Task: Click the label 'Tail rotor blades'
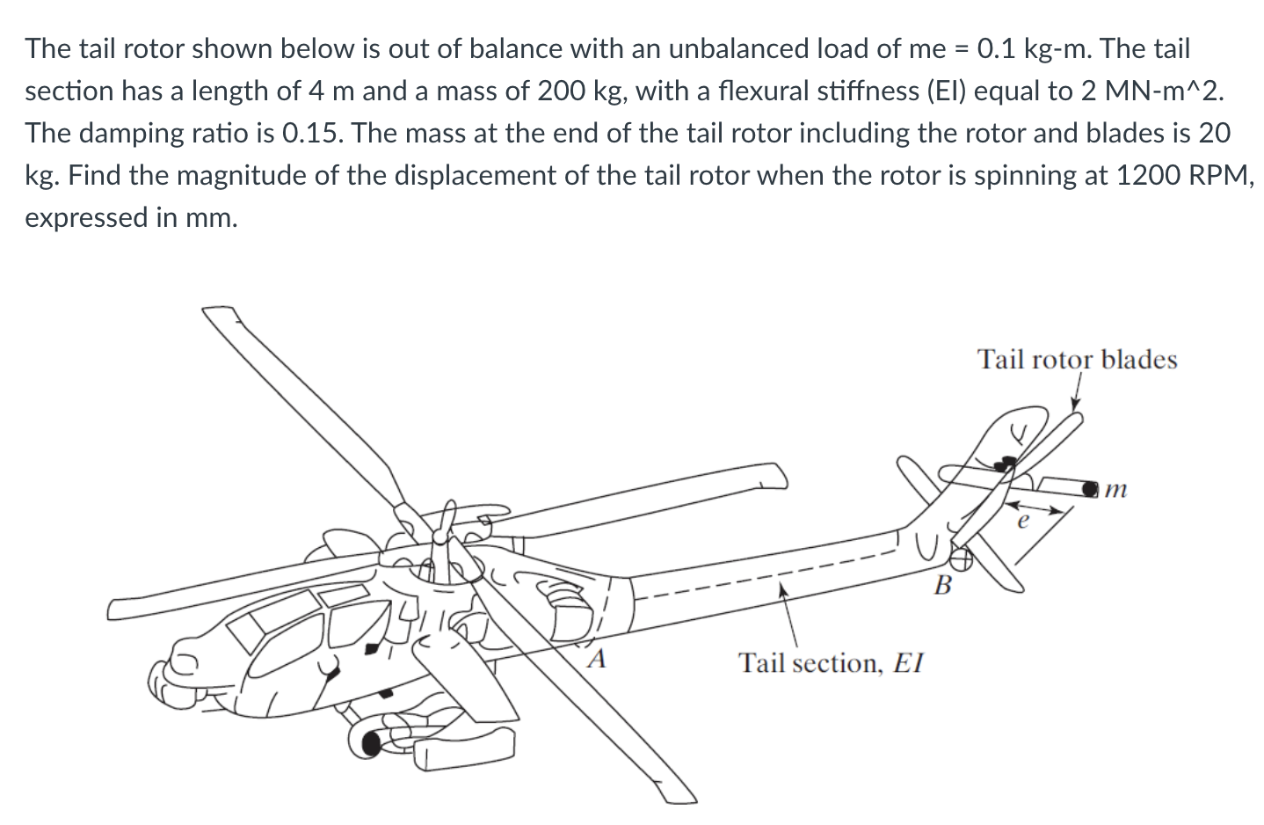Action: pyautogui.click(x=1077, y=360)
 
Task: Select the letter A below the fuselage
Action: pyautogui.click(x=598, y=658)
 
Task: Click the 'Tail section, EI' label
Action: pyautogui.click(x=831, y=662)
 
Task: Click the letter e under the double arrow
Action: pyautogui.click(x=1021, y=522)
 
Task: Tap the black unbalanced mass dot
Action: pyautogui.click(x=1090, y=486)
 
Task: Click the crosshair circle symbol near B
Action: pyautogui.click(x=962, y=556)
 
